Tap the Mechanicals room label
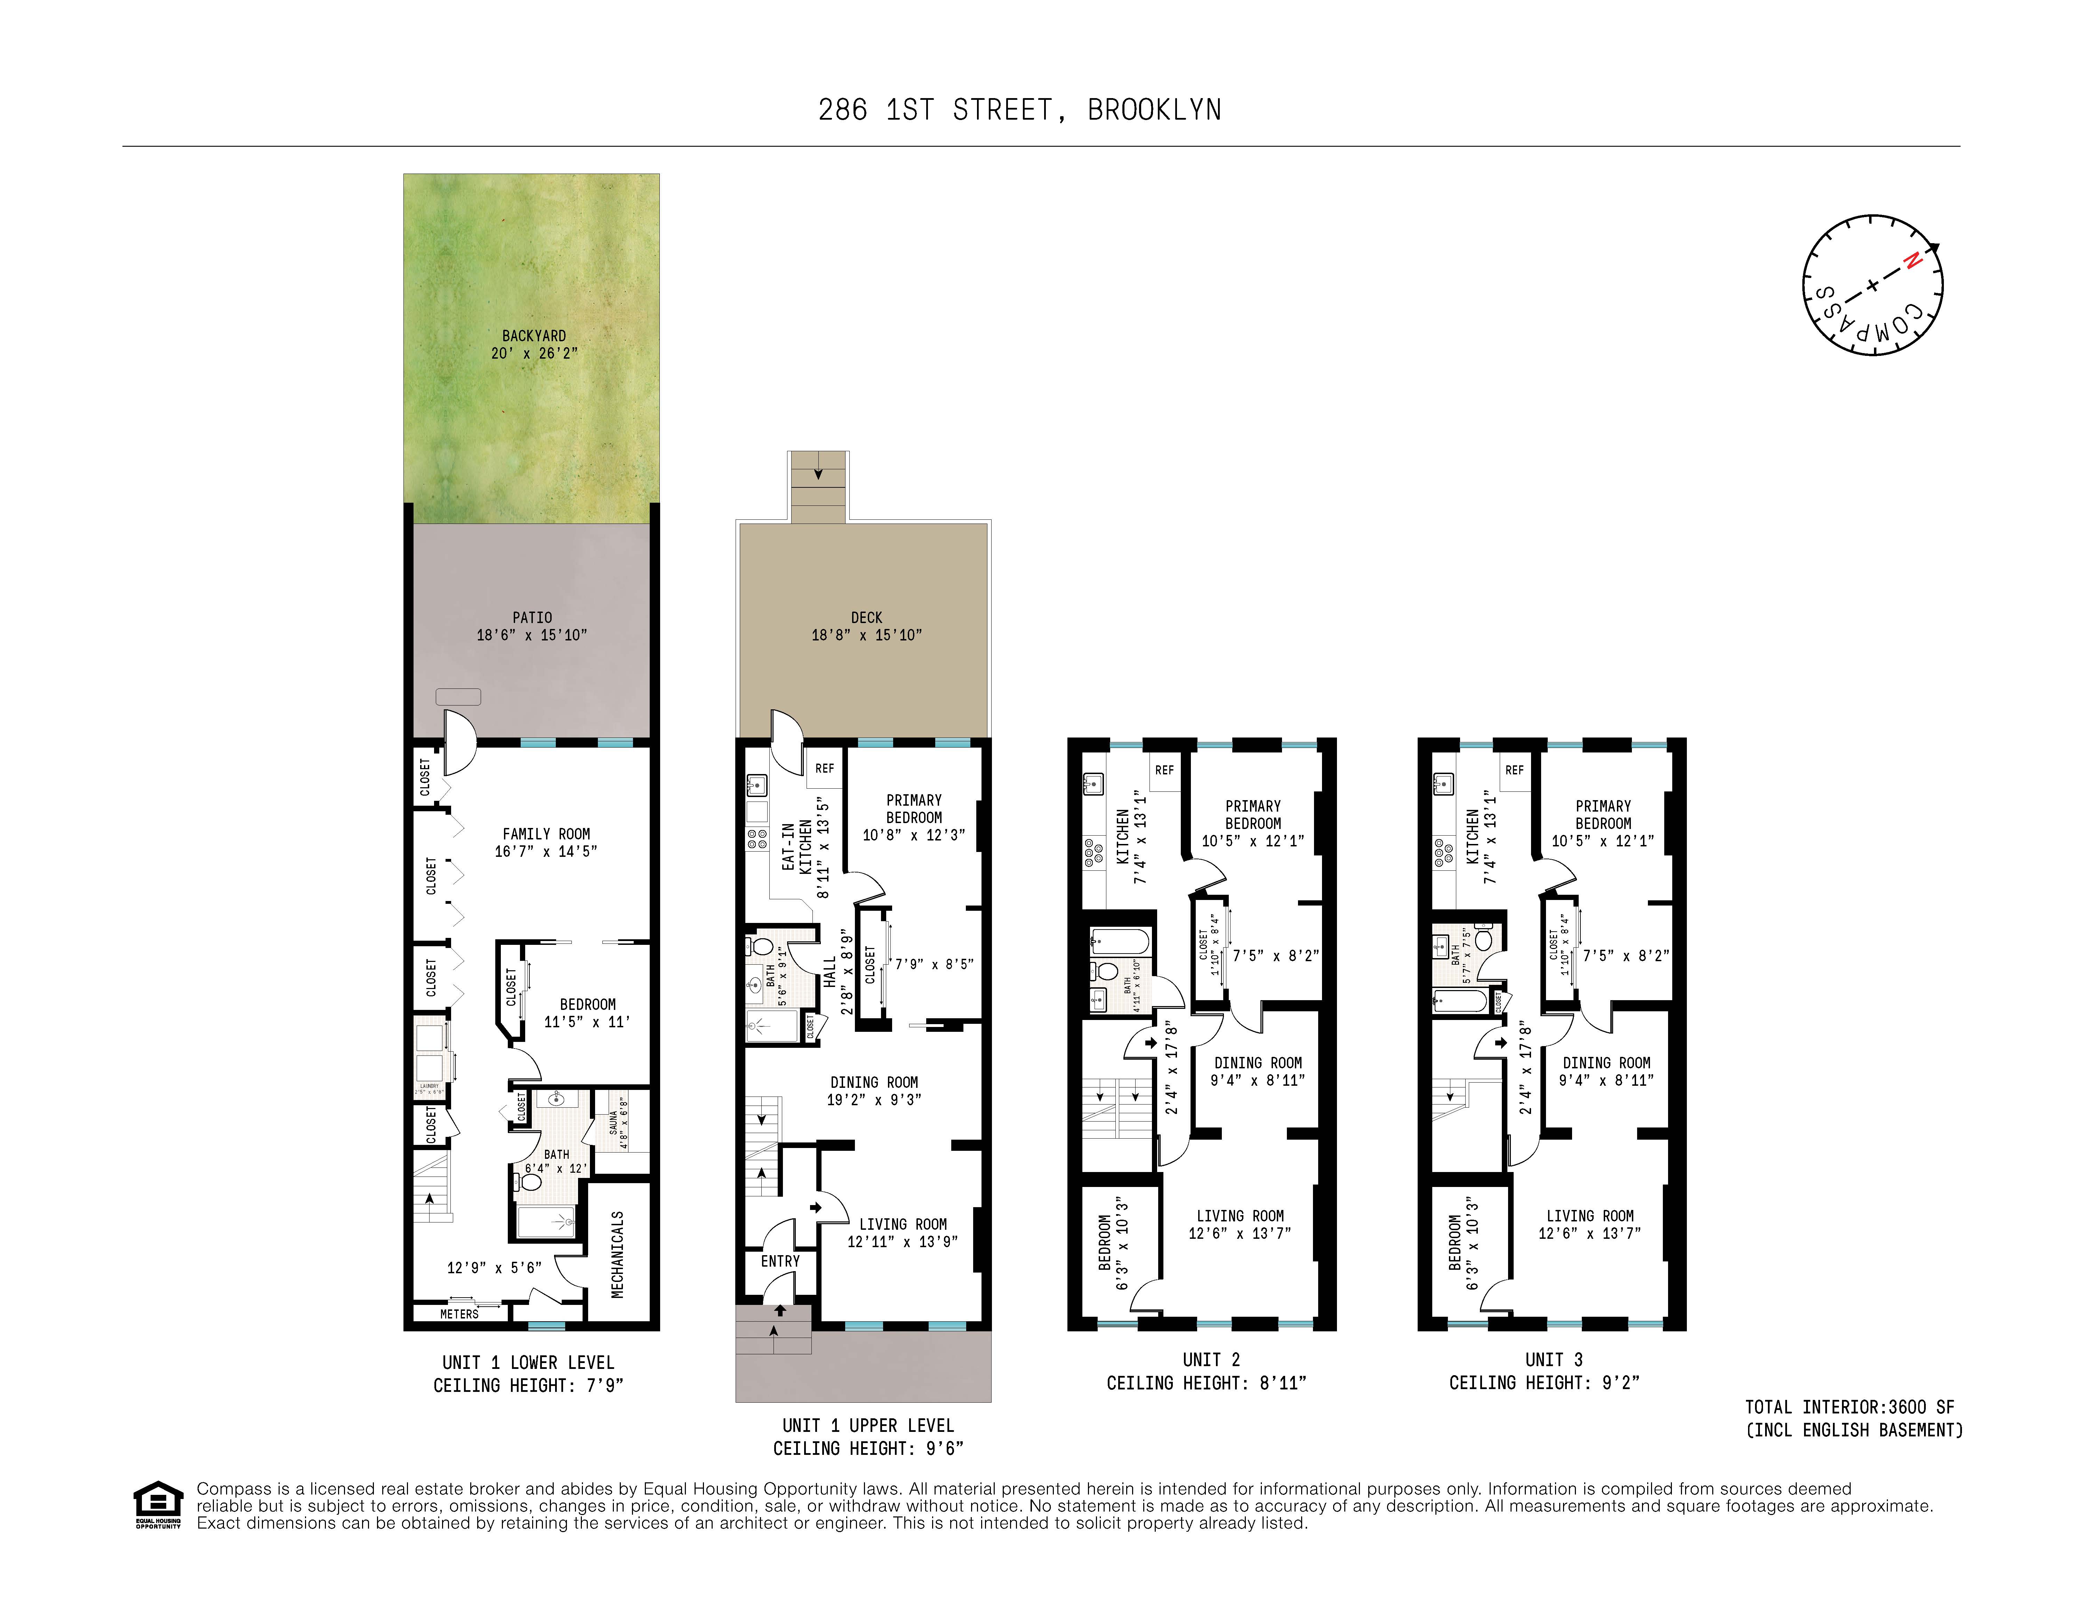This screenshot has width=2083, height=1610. coord(617,1254)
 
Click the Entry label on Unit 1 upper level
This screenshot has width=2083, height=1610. coord(780,1261)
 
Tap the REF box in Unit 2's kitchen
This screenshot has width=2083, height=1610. coord(1164,770)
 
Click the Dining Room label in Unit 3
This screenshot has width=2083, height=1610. coord(1606,1062)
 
